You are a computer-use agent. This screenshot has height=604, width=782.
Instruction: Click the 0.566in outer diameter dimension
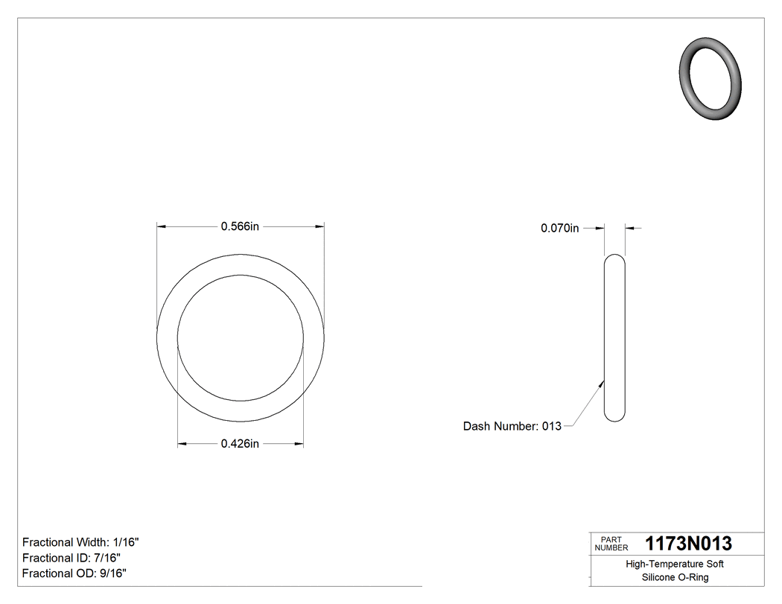click(240, 226)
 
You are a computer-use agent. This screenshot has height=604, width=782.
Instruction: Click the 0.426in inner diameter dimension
click(240, 444)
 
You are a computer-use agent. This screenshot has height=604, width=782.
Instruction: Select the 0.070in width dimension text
click(559, 229)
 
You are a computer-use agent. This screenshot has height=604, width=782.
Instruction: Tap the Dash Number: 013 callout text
click(512, 426)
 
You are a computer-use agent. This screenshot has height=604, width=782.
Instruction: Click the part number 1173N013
click(688, 544)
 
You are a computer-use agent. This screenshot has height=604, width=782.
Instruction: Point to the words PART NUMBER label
click(610, 544)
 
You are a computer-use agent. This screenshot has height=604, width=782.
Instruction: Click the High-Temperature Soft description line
click(675, 564)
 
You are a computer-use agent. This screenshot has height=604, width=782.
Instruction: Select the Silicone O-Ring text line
click(675, 577)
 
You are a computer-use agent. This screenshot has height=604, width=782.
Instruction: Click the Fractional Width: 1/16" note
click(80, 542)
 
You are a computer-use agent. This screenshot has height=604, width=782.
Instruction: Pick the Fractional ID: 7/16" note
click(71, 558)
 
